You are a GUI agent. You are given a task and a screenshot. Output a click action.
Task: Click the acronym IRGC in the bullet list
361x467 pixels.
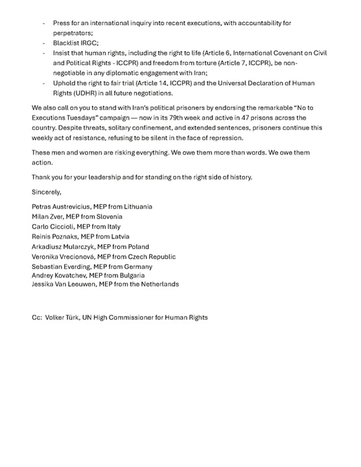click(87, 43)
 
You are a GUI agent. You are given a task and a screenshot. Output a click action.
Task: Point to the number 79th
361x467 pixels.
click(180, 118)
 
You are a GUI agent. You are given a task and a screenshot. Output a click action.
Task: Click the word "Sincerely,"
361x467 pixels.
click(47, 192)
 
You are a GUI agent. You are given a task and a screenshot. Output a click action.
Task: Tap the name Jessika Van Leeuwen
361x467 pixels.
click(64, 284)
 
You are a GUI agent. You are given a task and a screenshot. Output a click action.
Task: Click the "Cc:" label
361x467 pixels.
click(37, 318)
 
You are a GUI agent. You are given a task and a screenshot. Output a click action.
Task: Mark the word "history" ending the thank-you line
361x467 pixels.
click(240, 177)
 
